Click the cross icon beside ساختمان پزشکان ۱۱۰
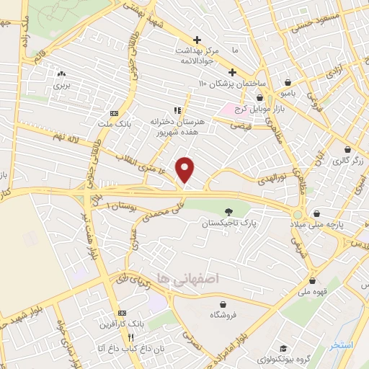(231, 72)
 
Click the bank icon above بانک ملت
(114, 113)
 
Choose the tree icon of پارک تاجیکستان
(229, 211)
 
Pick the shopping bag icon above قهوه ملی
(313, 282)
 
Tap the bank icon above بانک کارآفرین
(123, 314)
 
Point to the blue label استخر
(341, 345)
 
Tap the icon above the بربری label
(61, 73)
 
